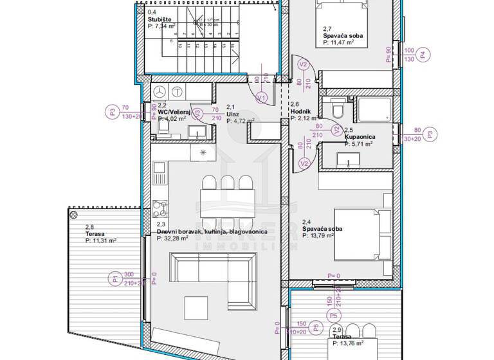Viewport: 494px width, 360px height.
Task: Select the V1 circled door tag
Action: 261,98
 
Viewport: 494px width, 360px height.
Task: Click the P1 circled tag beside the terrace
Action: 114,279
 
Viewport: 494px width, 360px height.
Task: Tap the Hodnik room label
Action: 300,111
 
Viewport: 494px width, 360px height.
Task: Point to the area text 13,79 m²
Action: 322,236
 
